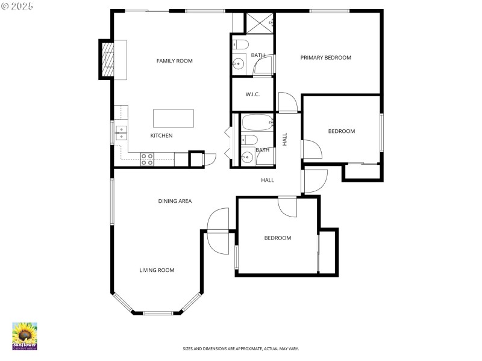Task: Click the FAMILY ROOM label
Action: [x=174, y=61]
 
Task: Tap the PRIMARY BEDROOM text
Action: [x=325, y=58]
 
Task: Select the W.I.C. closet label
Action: [x=252, y=94]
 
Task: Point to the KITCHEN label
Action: [x=161, y=135]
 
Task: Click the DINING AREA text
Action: [x=175, y=201]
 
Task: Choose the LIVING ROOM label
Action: [x=157, y=270]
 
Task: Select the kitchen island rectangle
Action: [x=174, y=118]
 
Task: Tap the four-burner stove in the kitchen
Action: [x=147, y=159]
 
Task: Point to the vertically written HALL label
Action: [x=285, y=139]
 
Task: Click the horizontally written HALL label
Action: [x=267, y=180]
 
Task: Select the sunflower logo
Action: [x=25, y=336]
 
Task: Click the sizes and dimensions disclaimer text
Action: [x=240, y=348]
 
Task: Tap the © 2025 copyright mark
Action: [x=17, y=5]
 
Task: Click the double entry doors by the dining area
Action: [x=218, y=231]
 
